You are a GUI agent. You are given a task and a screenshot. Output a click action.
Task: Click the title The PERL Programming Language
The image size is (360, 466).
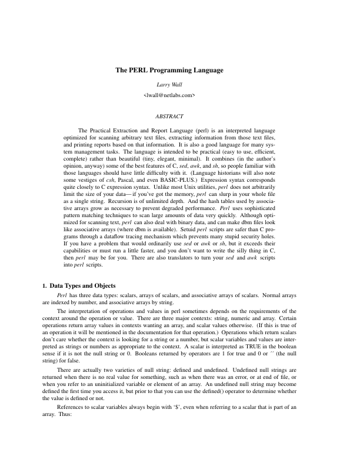click(169, 71)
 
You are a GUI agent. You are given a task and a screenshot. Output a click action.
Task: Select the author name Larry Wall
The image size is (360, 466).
click(169, 84)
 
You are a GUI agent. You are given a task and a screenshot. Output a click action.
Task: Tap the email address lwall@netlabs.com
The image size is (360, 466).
click(169, 94)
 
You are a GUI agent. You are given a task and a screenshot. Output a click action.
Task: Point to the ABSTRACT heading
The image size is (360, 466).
click(169, 116)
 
